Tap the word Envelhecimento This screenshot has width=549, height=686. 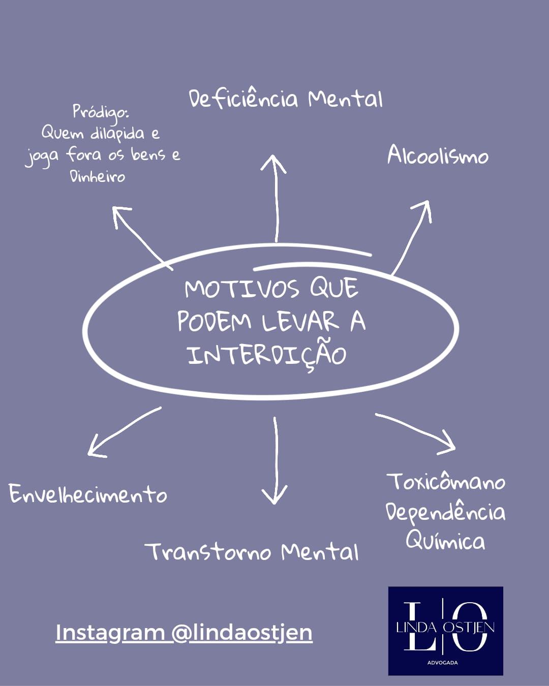(88, 494)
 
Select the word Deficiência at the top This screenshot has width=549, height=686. (243, 98)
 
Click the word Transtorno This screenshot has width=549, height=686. (207, 551)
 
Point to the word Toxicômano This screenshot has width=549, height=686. (446, 481)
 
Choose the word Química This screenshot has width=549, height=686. (445, 541)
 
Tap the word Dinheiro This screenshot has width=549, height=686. (97, 176)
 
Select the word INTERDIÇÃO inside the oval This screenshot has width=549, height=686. (267, 354)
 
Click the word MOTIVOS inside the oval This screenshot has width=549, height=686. (242, 289)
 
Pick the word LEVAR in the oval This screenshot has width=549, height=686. (300, 321)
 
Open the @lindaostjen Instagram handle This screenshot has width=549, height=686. (242, 633)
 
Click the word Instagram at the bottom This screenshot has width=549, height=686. (110, 633)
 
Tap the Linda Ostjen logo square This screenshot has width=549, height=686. (445, 631)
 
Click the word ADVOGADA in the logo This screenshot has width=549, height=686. (442, 663)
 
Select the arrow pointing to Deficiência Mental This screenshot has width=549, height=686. (276, 198)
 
